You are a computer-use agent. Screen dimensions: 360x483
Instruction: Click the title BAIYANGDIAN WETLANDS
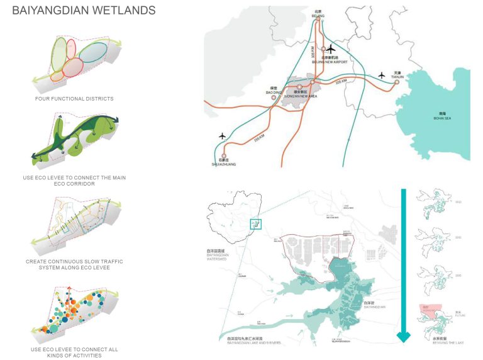tap(84, 11)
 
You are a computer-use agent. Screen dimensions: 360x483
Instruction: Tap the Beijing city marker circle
tap(318, 19)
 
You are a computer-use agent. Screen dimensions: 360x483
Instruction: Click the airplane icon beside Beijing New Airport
tap(331, 48)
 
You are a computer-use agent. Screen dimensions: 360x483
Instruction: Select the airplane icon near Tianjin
tap(382, 75)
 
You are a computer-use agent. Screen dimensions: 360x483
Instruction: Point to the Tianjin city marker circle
tap(396, 81)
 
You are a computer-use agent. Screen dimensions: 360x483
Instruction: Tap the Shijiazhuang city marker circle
tap(224, 155)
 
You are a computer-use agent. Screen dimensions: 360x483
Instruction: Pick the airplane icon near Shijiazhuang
tap(221, 136)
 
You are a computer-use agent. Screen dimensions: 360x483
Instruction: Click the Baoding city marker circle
tap(274, 96)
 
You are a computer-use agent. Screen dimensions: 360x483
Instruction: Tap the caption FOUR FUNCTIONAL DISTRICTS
tap(74, 99)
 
